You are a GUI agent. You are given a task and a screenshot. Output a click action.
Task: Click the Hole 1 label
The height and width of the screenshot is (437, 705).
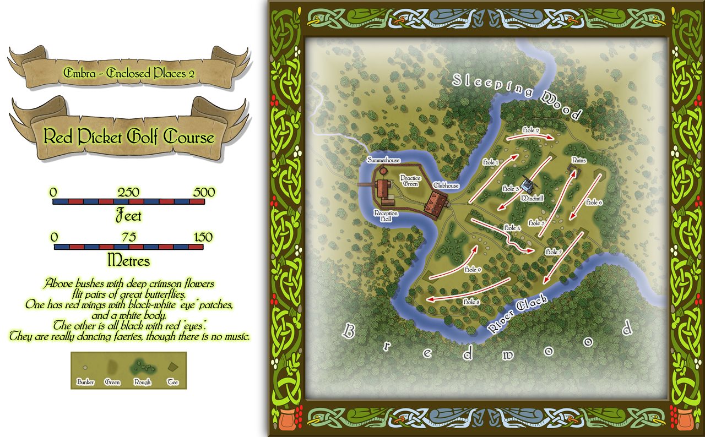(490, 162)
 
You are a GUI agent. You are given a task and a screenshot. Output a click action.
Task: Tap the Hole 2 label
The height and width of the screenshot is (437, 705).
(529, 130)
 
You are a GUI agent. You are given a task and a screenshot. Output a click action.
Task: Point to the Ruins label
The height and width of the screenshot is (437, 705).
(578, 161)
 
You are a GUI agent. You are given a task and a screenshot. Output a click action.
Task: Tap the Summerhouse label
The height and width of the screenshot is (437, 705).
(384, 160)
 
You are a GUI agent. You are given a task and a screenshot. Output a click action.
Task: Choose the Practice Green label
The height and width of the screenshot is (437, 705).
(410, 181)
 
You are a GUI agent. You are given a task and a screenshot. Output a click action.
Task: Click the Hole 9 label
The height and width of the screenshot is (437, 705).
(473, 270)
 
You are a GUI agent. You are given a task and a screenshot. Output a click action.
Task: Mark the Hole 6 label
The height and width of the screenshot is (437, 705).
(594, 203)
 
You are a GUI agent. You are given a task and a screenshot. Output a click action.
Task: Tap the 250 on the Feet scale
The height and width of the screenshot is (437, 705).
(128, 193)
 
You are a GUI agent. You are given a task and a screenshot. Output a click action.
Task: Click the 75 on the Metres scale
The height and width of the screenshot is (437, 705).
(129, 237)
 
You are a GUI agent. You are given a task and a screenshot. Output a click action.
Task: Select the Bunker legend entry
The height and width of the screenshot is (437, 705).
(85, 381)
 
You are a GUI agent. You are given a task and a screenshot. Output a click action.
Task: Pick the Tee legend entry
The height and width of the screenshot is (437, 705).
(173, 381)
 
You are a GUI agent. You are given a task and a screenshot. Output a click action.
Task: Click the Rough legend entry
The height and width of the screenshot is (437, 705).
(142, 381)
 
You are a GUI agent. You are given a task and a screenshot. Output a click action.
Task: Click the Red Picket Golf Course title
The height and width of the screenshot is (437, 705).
(129, 136)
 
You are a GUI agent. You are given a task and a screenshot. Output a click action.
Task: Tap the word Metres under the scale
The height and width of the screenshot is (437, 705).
(129, 259)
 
